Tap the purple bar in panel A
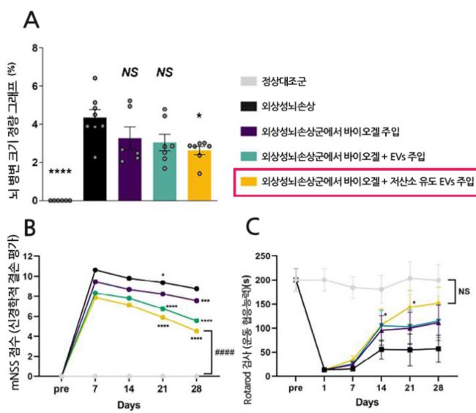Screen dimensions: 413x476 point(130,168)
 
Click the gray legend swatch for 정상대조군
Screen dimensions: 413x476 point(251,82)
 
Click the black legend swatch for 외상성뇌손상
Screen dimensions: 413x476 point(251,106)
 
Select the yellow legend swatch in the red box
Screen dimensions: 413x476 point(251,181)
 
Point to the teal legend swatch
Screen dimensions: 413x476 point(251,156)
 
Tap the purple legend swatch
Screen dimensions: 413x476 point(251,131)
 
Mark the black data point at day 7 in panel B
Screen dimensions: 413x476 point(95,270)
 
